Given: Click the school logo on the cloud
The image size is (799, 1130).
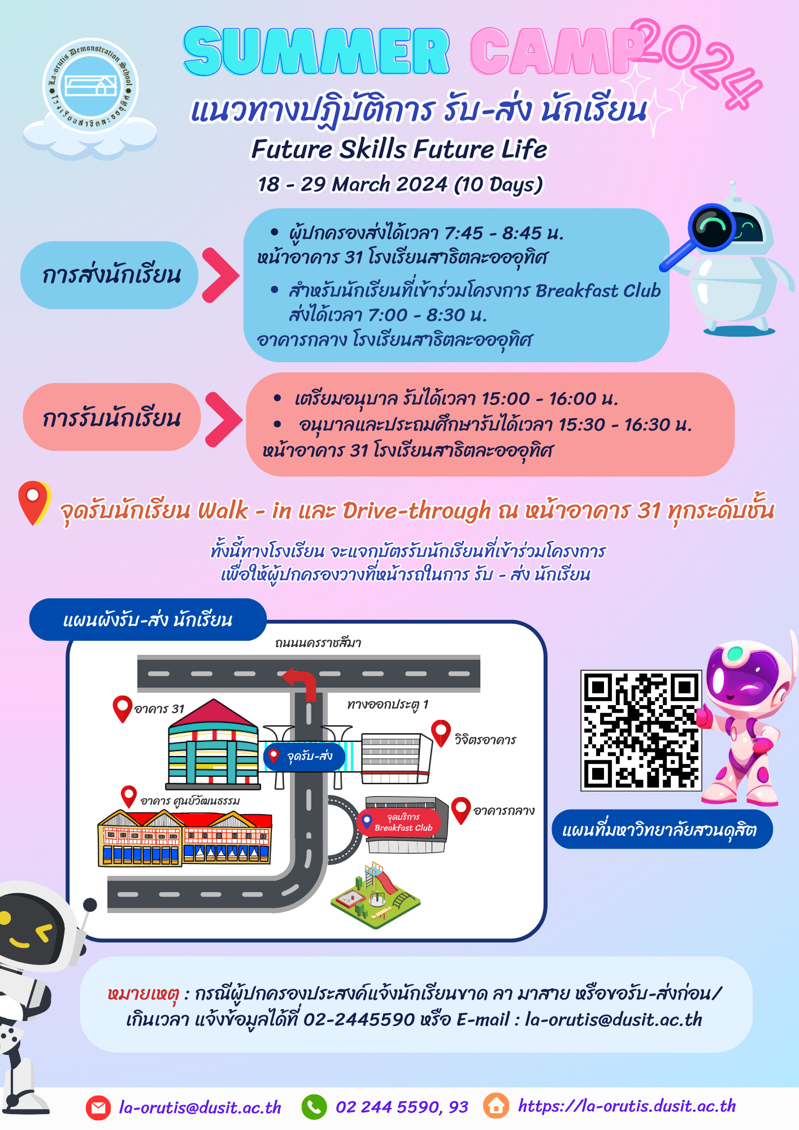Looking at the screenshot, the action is click(x=90, y=86).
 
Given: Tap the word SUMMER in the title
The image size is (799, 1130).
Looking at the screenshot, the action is click(x=316, y=51).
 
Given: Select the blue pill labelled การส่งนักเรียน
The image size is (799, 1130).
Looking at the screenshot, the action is click(x=110, y=275).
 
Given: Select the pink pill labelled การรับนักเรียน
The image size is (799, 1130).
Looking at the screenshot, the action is click(x=112, y=417).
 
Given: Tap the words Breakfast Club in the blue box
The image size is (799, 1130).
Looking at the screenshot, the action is click(x=598, y=290).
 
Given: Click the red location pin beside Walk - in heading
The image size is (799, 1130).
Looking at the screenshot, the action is click(x=34, y=503).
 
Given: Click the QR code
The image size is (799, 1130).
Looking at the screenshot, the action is click(x=641, y=731).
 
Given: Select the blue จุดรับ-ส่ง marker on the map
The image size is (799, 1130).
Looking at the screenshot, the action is click(x=304, y=757).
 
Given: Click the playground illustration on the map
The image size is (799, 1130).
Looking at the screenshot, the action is click(x=376, y=895).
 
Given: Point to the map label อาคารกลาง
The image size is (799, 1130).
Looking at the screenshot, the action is click(x=504, y=811).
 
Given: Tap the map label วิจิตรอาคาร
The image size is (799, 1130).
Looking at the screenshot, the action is click(x=485, y=740).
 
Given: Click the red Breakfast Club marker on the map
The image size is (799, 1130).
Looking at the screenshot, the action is click(x=400, y=822).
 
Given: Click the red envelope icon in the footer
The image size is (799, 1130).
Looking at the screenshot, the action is click(x=98, y=1107).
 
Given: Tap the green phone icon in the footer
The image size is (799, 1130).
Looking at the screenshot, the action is click(x=314, y=1107).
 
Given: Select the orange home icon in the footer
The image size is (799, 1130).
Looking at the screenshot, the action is click(x=497, y=1106).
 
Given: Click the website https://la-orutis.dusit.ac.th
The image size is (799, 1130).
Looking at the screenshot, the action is click(x=627, y=1106).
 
